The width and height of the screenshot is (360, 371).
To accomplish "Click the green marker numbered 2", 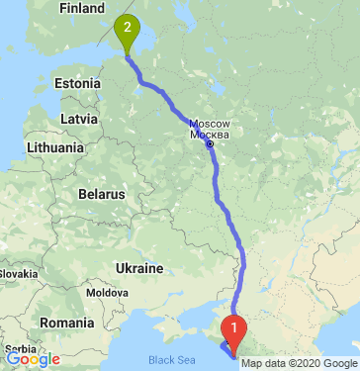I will (x=127, y=33).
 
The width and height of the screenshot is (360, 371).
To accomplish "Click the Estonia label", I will (x=77, y=82).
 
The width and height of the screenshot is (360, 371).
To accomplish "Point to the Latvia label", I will (x=78, y=118).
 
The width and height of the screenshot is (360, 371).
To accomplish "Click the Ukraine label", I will (x=139, y=268).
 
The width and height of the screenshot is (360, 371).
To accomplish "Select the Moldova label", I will (x=106, y=293).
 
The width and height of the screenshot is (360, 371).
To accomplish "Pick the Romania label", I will (x=65, y=324).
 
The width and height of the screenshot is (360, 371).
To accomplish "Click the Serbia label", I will (x=14, y=348).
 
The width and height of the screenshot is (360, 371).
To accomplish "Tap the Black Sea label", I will (x=169, y=360).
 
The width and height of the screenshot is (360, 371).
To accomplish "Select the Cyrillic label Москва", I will (x=210, y=134).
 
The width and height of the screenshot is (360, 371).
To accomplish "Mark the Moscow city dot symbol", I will (x=210, y=144).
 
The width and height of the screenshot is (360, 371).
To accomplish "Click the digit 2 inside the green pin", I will (x=127, y=28).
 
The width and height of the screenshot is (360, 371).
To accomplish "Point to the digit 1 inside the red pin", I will (x=233, y=323).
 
